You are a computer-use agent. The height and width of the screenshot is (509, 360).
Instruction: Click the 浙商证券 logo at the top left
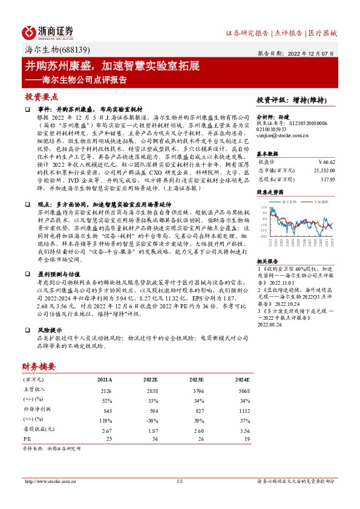click(48, 31)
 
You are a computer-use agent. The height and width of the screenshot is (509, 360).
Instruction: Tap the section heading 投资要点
click(41, 96)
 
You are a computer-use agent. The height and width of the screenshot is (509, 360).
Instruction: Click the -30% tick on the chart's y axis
click(264, 236)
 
